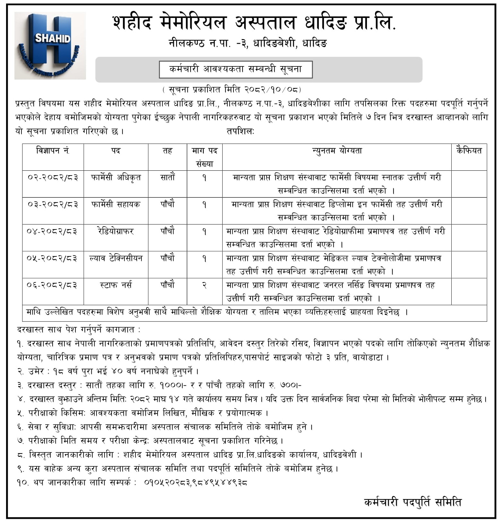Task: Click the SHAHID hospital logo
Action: pyautogui.click(x=50, y=46)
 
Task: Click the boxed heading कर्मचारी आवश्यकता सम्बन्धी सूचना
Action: pyautogui.click(x=235, y=69)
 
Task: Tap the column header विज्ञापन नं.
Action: pyautogui.click(x=53, y=151)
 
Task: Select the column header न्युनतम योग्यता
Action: pyautogui.click(x=337, y=151)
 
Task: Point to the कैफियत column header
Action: pyautogui.click(x=469, y=151)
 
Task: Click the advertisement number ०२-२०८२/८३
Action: pyautogui.click(x=53, y=177)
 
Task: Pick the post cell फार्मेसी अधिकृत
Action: pyautogui.click(x=116, y=177)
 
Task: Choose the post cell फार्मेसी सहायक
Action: pyautogui.click(x=116, y=204)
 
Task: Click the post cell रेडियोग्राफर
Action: pyautogui.click(x=116, y=231)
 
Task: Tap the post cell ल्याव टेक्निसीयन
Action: pyautogui.click(x=116, y=258)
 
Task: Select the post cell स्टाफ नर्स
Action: pyautogui.click(x=116, y=285)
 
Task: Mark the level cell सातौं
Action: pyautogui.click(x=167, y=177)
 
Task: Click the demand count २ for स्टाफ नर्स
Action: pyautogui.click(x=204, y=285)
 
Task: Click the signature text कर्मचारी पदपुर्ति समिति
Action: pyautogui.click(x=413, y=502)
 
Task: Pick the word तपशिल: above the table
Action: pyautogui.click(x=240, y=131)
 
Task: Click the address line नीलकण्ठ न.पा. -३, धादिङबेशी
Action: pyautogui.click(x=247, y=43)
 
